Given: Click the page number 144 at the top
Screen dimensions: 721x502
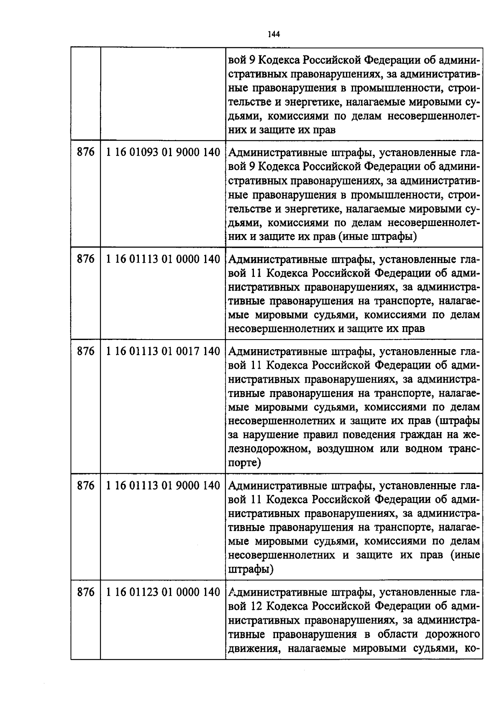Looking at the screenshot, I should click(273, 34).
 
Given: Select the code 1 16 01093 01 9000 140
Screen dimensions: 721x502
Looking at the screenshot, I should click(163, 152).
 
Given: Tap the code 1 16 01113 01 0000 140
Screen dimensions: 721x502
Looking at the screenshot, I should click(163, 259).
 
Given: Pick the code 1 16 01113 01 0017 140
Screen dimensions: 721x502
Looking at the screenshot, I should click(163, 351).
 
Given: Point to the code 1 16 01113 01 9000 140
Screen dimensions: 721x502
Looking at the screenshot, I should click(163, 486).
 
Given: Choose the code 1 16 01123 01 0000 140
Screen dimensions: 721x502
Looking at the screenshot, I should click(163, 592).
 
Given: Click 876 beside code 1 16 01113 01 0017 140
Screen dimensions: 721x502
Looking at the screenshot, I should click(86, 351).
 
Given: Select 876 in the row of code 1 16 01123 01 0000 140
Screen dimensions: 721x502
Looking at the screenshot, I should click(86, 592).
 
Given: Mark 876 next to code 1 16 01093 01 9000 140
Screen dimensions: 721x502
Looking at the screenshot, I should click(86, 152).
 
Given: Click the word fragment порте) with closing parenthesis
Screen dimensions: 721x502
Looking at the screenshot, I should click(245, 463).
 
